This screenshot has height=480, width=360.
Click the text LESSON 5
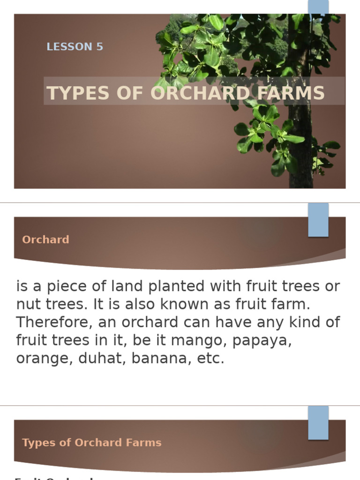click(75, 47)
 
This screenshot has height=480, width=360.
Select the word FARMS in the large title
click(296, 93)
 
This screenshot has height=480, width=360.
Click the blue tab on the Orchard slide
click(318, 220)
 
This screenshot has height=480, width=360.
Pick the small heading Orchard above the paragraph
click(45, 240)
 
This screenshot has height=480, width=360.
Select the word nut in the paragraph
click(29, 305)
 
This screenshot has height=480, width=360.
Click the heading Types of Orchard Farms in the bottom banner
click(91, 442)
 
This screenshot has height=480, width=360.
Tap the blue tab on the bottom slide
click(318, 422)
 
